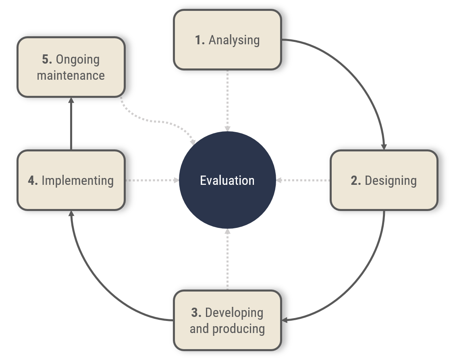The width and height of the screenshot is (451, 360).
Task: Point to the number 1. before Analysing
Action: click(200, 40)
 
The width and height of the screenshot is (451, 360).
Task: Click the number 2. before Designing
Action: click(355, 180)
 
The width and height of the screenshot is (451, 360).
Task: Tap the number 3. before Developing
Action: click(196, 312)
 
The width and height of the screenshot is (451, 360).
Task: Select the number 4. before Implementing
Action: click(33, 180)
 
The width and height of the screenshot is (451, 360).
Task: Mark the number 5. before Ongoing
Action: click(47, 59)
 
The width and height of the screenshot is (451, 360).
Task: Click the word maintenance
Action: click(71, 75)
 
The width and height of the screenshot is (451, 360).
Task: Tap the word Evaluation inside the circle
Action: click(227, 180)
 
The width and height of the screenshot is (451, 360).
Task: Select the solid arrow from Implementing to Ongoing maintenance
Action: click(71, 124)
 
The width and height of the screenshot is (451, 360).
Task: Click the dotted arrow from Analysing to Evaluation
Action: click(227, 101)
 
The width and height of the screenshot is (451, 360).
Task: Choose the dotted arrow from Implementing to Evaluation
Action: click(152, 180)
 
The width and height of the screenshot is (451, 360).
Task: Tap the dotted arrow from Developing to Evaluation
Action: click(227, 260)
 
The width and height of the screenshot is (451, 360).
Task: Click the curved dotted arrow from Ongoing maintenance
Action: click(157, 120)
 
